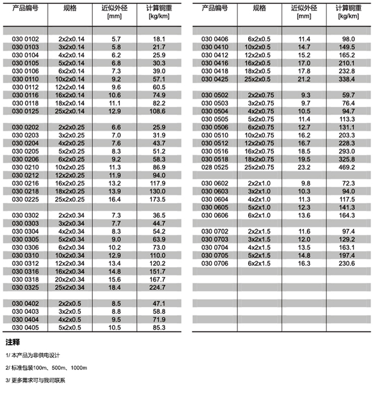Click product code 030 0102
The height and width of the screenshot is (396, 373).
coord(25,39)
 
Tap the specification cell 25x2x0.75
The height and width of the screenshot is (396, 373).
coord(259,167)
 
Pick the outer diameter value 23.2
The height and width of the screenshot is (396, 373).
coord(305,167)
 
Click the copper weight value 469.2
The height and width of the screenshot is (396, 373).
coord(346,167)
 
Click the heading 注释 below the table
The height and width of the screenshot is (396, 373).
coord(12,342)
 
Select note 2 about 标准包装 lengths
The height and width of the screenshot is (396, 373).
coord(46,368)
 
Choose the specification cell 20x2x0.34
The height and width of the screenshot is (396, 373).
coord(71,279)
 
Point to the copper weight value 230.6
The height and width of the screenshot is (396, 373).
coord(346,263)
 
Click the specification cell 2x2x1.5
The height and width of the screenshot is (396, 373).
coord(259,231)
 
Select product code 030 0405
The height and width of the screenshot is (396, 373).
coord(25,327)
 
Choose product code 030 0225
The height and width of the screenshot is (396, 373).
coord(25,200)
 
